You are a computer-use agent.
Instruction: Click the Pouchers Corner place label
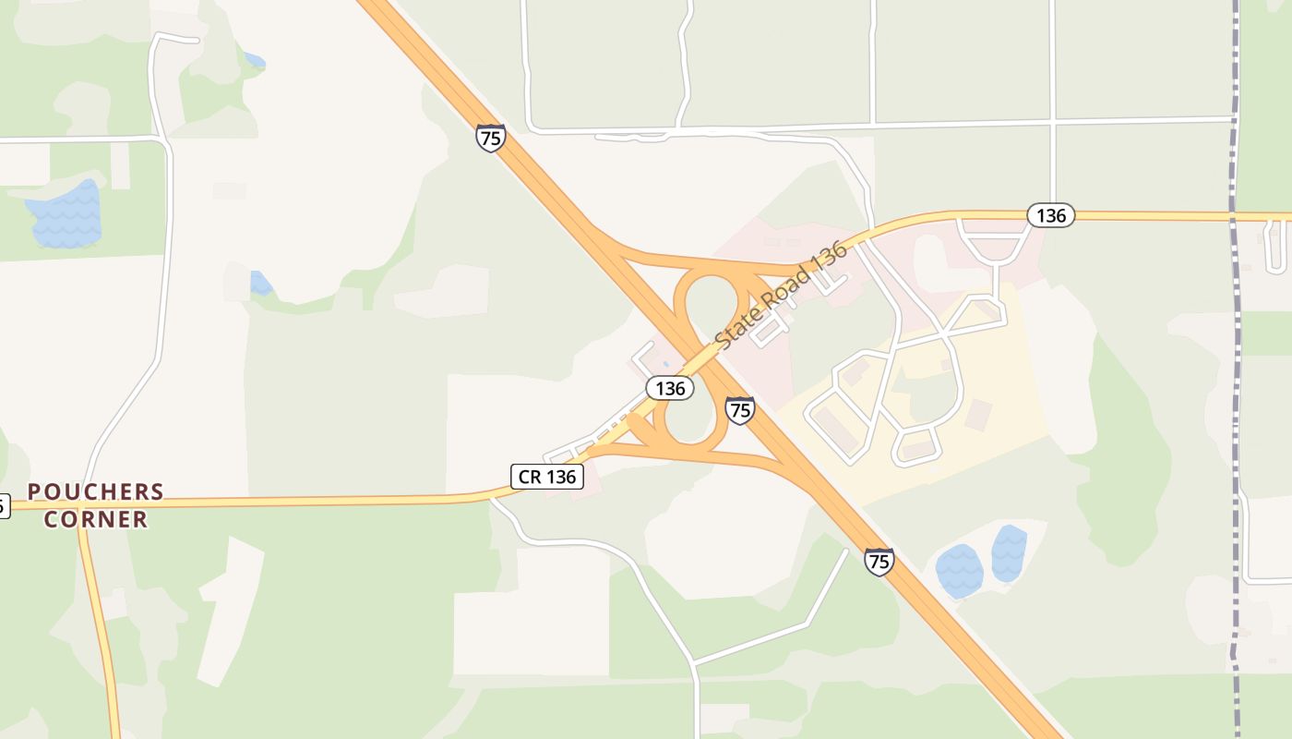96,505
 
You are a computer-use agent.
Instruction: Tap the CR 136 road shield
547,477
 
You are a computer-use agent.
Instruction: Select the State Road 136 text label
781,296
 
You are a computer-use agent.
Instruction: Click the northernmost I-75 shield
491,138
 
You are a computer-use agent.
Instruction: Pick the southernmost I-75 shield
879,561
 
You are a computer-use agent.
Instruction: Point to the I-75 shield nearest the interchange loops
739,410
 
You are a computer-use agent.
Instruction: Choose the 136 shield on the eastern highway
1050,216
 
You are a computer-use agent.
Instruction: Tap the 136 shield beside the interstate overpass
670,388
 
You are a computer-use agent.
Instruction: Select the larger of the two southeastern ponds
959,570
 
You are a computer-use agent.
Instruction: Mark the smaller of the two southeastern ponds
1009,552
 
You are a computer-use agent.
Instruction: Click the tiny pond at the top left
254,62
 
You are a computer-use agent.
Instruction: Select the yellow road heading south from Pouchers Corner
99,628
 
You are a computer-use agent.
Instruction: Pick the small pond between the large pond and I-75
261,283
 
